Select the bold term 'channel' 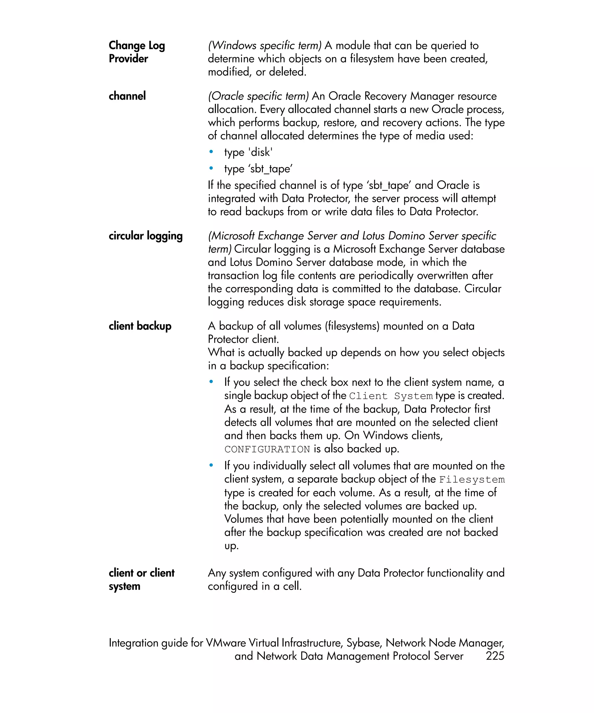127,96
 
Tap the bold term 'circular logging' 145,236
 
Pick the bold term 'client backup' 140,326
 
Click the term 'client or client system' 141,579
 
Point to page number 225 495,656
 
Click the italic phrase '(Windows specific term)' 265,45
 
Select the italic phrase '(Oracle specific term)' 258,96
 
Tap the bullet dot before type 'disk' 211,152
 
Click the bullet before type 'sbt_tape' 211,168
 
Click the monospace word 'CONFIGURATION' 267,449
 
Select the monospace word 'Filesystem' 472,479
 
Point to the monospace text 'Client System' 390,396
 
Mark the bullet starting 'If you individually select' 211,465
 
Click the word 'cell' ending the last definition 291,586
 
